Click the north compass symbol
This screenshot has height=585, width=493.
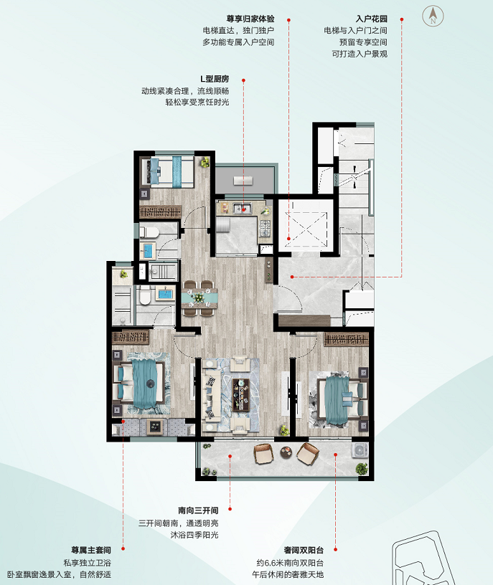coord(433,16)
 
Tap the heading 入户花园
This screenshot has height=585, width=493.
coord(371,19)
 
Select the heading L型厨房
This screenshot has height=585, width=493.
coord(215,79)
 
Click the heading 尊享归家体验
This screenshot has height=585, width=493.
coord(250,19)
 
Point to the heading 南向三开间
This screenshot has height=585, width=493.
coord(198,510)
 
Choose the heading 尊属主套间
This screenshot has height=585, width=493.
coord(91,550)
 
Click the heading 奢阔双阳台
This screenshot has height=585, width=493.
coord(304,550)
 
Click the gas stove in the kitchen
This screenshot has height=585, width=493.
coord(266,228)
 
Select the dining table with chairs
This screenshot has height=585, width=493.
coord(199,298)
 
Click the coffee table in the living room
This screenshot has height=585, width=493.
coord(241,395)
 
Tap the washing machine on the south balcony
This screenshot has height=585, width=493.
coord(360,450)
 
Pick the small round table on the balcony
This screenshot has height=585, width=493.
coord(287,453)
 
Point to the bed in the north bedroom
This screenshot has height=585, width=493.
coord(170,172)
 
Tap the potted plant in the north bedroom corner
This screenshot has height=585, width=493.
coord(205,162)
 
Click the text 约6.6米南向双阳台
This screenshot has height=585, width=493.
coord(290,563)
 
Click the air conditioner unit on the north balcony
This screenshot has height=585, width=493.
coord(243,181)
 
